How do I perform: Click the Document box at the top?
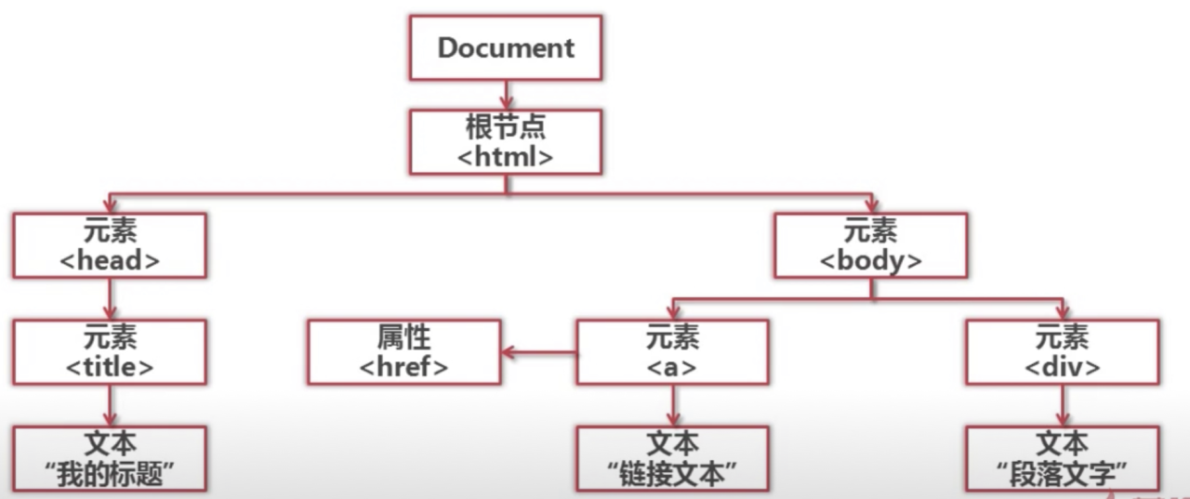[506, 47]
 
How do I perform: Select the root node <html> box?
[506, 141]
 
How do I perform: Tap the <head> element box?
[110, 245]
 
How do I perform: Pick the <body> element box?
[870, 245]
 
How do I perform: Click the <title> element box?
[110, 351]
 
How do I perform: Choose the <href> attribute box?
[404, 351]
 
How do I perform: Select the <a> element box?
[672, 351]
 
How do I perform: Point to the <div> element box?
[1062, 351]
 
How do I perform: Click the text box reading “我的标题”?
[110, 458]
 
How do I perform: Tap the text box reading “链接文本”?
[672, 458]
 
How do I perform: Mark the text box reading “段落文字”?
[1062, 458]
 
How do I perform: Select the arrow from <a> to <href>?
[539, 352]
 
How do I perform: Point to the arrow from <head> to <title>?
[110, 298]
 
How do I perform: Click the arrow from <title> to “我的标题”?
[110, 405]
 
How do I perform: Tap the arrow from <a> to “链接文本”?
[672, 405]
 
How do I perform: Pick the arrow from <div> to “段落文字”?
[1062, 405]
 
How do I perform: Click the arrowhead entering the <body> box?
[870, 205]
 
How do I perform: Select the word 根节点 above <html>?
[506, 127]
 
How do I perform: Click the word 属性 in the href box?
[404, 337]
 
